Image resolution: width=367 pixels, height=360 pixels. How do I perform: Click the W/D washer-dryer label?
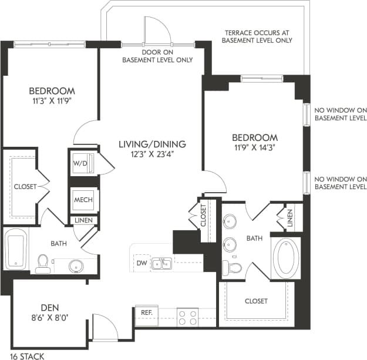[80, 163]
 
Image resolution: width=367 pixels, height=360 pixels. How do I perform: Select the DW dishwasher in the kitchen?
[140, 264]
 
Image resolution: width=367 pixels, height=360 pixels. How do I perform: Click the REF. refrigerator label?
[145, 313]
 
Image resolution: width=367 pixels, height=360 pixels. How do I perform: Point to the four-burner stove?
[188, 317]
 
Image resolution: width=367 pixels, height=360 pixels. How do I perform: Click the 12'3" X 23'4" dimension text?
[152, 154]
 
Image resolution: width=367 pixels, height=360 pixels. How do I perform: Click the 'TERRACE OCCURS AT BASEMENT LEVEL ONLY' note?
[257, 36]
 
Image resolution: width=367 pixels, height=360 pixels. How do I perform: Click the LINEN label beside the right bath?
[289, 218]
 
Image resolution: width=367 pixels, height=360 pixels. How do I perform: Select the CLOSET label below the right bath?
[256, 301]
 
